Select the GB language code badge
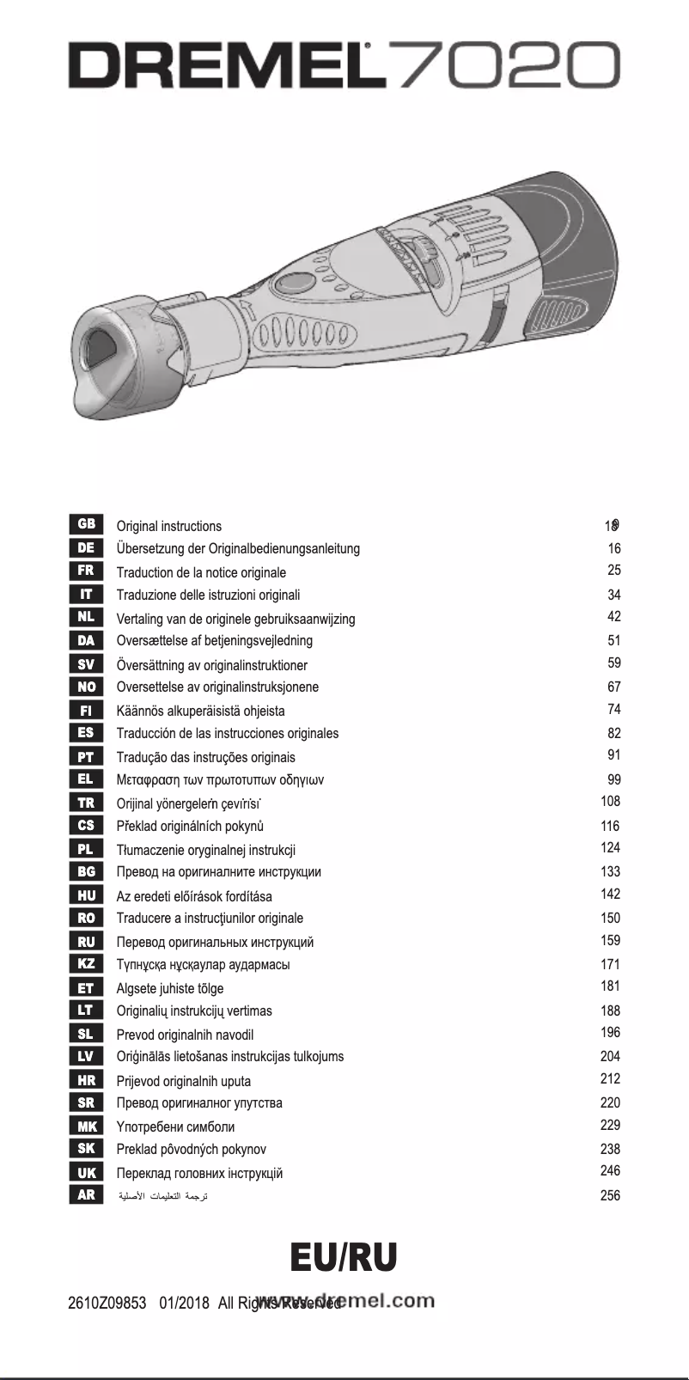(86, 524)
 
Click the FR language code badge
(86, 571)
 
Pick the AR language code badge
(86, 1194)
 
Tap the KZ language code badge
(86, 963)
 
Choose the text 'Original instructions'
(168, 526)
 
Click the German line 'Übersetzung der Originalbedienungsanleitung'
(238, 548)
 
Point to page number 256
(610, 1194)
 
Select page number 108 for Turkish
(610, 802)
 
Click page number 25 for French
(613, 570)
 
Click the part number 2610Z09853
(107, 1304)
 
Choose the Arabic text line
(162, 1196)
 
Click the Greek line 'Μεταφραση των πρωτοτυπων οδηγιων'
(220, 780)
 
